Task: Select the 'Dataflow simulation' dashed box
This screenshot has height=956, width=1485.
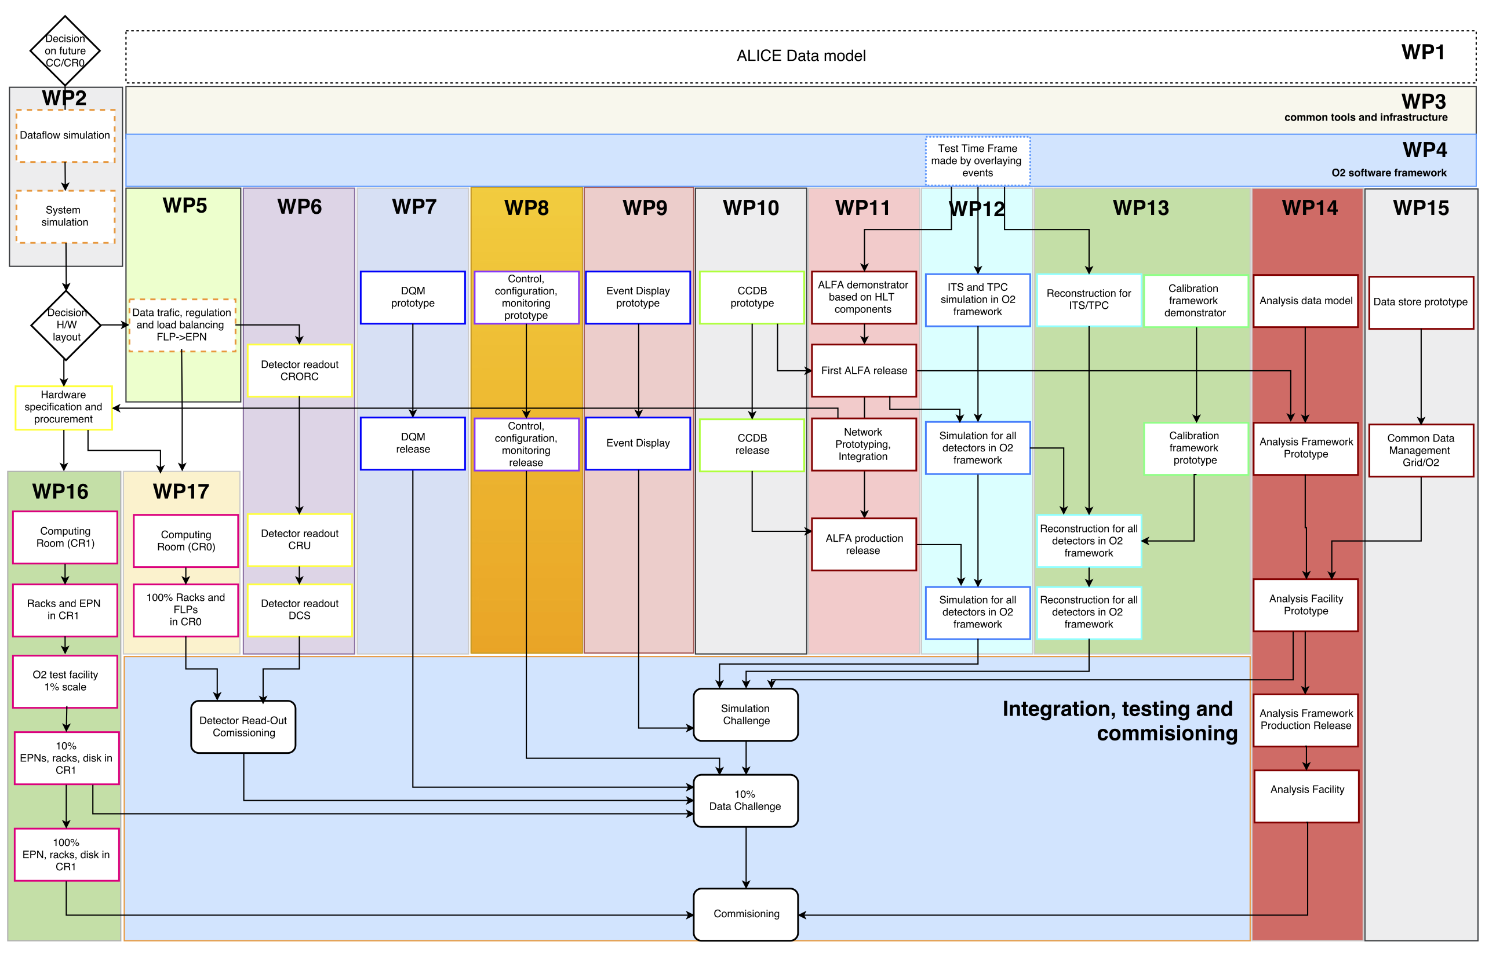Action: coord(65,136)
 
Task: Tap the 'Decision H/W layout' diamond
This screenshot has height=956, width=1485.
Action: coord(66,324)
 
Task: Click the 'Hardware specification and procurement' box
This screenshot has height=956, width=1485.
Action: coord(63,407)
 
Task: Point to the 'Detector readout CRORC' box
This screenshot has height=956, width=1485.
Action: coord(299,371)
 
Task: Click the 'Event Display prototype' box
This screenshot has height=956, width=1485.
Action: coord(638,297)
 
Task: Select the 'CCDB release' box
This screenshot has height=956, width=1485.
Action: coord(752,444)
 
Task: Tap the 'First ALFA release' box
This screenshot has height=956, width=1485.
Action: coord(863,371)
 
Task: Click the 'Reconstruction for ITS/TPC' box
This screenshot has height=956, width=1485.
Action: coord(1088,300)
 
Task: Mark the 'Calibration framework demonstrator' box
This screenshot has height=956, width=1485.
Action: coord(1195,301)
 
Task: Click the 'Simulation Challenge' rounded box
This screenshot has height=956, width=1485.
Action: coord(745,714)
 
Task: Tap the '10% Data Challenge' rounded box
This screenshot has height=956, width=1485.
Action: coord(745,800)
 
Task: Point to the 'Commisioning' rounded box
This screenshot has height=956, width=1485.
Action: coord(745,914)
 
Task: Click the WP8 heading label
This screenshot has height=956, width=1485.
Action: coord(526,208)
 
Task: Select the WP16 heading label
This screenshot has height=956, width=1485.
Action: coord(60,491)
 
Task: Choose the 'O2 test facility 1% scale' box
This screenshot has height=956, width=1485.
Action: coord(65,681)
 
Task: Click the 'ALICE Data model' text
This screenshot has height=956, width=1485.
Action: coord(800,56)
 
